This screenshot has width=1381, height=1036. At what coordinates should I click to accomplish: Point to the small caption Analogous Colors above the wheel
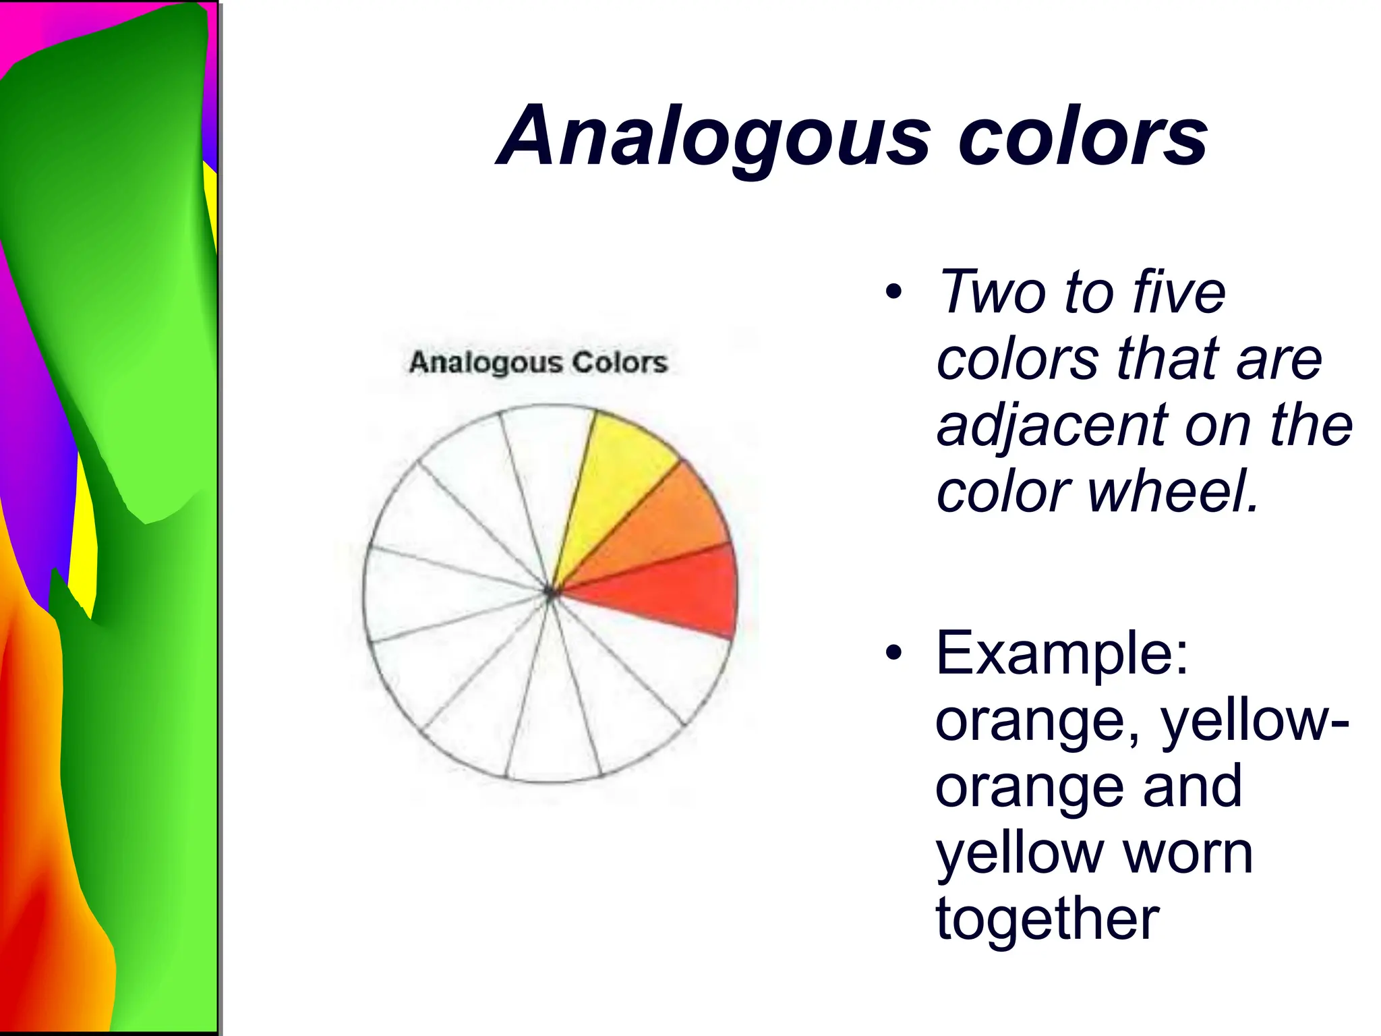[x=538, y=362]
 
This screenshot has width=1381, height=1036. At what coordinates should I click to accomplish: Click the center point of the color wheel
[x=550, y=593]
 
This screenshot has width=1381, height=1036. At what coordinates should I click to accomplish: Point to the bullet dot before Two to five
[x=893, y=293]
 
